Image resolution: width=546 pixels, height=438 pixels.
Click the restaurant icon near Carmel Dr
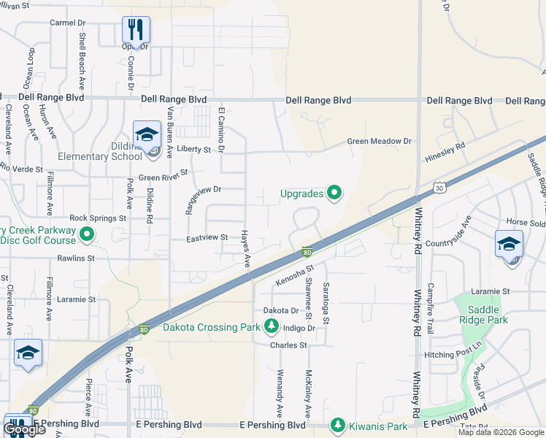click(136, 29)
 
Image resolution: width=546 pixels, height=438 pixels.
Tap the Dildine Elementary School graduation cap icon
click(147, 134)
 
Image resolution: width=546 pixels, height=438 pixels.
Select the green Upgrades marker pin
click(334, 193)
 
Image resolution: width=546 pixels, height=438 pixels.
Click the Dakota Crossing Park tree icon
click(272, 326)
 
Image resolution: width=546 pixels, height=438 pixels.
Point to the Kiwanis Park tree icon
click(337, 424)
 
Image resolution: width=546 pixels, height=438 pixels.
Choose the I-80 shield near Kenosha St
click(308, 252)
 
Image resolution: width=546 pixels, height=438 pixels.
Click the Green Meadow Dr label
click(379, 141)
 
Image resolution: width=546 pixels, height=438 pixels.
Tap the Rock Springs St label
click(98, 218)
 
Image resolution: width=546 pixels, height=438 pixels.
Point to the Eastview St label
click(207, 237)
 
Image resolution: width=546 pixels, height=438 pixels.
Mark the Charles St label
click(288, 345)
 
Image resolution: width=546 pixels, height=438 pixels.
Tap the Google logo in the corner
click(24, 429)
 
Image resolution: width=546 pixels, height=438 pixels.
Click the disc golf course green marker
click(87, 235)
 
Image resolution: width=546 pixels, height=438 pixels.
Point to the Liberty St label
click(193, 149)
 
